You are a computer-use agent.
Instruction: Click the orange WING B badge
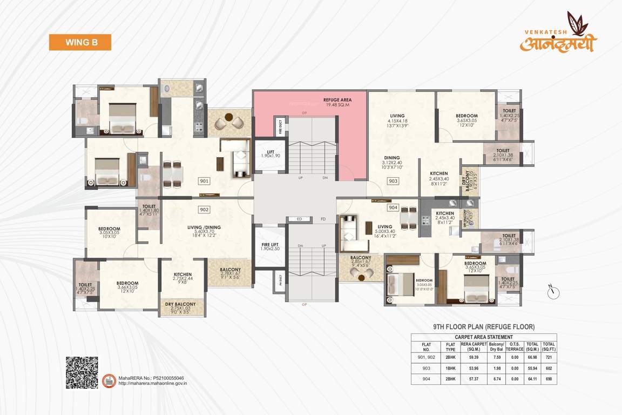80,42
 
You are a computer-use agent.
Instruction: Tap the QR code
82,372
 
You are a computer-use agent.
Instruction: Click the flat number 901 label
204,182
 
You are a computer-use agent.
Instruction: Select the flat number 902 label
204,209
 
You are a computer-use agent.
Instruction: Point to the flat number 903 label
393,182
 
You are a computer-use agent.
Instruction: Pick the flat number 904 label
393,207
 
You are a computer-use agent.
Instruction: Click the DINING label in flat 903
393,158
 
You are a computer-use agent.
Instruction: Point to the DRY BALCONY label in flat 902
180,304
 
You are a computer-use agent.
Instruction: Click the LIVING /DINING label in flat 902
205,227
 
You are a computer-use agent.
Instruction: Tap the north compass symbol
552,292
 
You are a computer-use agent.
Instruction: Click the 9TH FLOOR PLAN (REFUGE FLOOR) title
484,327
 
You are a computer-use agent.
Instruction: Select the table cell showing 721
549,358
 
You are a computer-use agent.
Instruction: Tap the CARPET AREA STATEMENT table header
484,337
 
